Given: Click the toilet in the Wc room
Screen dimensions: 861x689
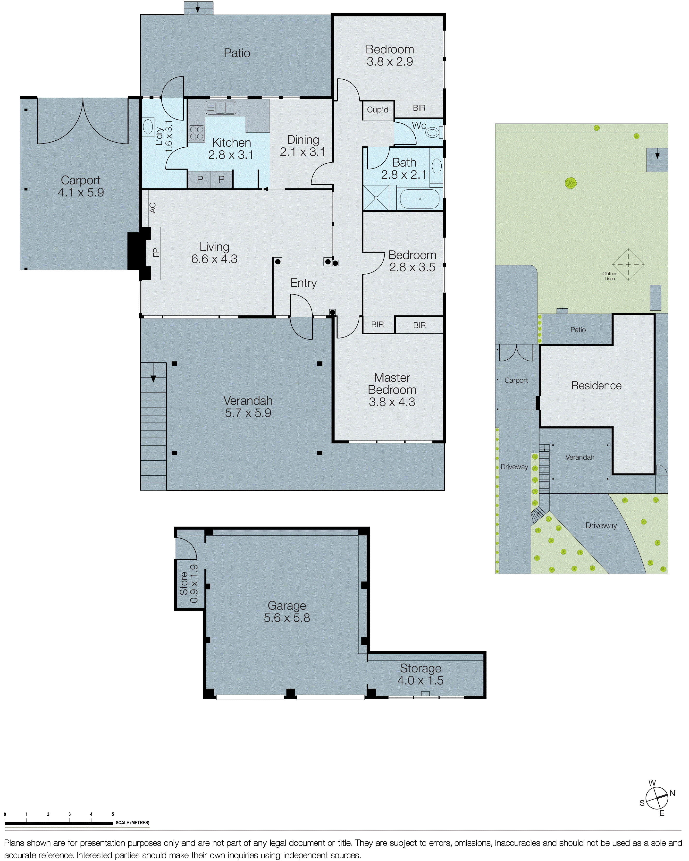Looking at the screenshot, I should pos(432,132).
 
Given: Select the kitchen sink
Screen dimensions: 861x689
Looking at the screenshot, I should pos(221,107).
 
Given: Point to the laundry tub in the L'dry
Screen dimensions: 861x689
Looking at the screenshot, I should pos(148,127).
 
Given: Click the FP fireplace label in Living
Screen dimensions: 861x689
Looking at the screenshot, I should pos(156,252).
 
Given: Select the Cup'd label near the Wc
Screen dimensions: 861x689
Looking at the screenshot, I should pos(377,110).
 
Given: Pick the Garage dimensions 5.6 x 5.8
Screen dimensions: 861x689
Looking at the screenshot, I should pos(287,618).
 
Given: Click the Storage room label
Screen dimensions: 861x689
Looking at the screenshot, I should pos(420,668).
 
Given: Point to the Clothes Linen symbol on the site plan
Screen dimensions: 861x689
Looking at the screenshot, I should pos(628,264).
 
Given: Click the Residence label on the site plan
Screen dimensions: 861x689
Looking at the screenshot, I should pos(596,385).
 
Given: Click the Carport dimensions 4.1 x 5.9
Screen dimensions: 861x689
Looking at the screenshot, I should pos(81,193).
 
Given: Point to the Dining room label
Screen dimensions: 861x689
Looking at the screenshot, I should pos(303,140).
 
